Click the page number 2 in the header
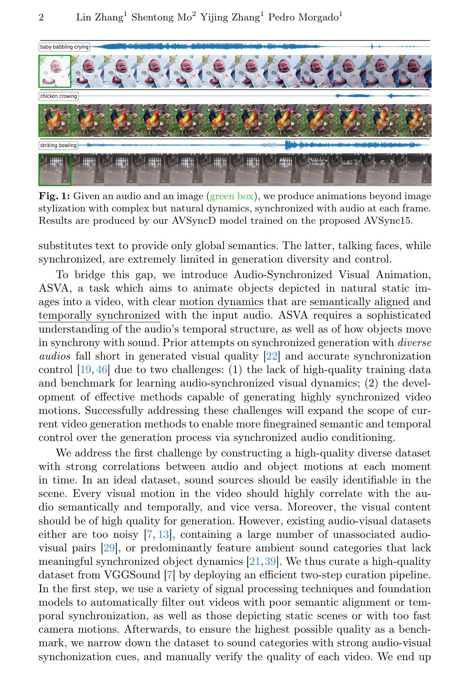click(41, 18)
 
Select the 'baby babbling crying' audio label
click(64, 47)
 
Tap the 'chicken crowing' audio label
click(58, 96)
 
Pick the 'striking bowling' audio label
click(58, 145)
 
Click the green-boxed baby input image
click(55, 72)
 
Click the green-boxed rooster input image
click(55, 121)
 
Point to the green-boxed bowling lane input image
click(55, 170)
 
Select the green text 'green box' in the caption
click(232, 196)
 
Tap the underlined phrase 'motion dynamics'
click(222, 302)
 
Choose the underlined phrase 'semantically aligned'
click(360, 302)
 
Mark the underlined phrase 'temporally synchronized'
click(99, 316)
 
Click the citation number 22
click(272, 356)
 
